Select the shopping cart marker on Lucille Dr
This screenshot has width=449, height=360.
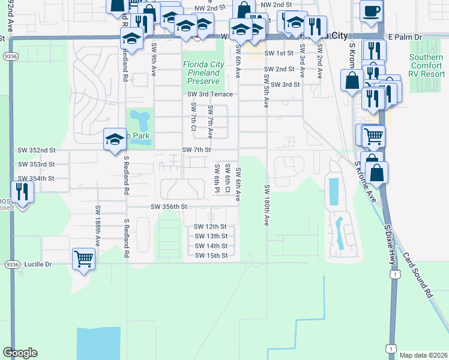(83, 259)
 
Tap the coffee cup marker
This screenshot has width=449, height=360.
(371, 11)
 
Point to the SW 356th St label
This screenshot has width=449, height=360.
(169, 206)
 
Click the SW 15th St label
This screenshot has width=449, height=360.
(211, 256)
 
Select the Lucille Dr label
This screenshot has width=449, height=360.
(38, 264)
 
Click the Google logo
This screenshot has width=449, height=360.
(20, 353)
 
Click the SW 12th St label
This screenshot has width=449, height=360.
(211, 227)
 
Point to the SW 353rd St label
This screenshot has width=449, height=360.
(36, 164)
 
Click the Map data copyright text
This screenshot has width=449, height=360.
(422, 355)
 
